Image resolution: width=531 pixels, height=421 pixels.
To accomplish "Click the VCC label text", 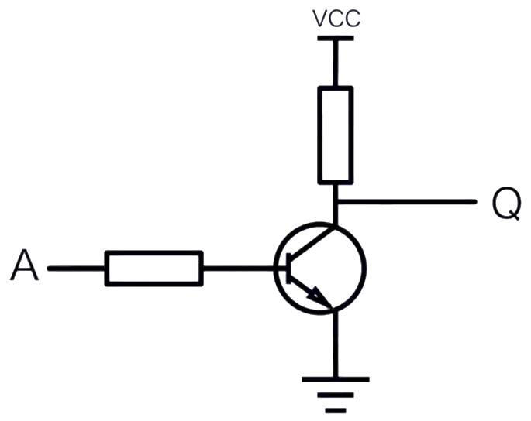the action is point(336,19).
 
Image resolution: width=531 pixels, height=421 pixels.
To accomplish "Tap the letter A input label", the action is point(24,265).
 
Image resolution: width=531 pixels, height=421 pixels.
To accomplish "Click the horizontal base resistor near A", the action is point(153,269).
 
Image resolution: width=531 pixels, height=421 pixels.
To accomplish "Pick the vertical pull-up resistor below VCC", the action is point(335,135).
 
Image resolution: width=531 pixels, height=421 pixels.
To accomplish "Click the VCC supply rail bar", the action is point(336,39).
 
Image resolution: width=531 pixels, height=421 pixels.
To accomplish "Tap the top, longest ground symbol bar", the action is point(335,379).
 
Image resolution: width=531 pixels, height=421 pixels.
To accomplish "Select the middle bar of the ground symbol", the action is point(335,395).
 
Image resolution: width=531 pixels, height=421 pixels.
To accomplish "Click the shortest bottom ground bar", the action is point(336,410).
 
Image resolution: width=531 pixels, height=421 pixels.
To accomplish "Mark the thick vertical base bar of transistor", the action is point(288,269).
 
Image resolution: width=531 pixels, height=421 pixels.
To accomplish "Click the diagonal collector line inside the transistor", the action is point(312,243).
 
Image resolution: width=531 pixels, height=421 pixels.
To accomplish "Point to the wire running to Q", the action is point(407,202).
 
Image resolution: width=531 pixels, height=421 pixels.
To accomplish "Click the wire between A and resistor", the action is point(76,269).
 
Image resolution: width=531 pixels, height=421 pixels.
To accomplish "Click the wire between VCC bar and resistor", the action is point(335,63).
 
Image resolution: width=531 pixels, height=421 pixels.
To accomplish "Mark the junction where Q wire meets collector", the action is point(335,202).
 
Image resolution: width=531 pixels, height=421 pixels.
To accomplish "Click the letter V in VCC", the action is point(319,19).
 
